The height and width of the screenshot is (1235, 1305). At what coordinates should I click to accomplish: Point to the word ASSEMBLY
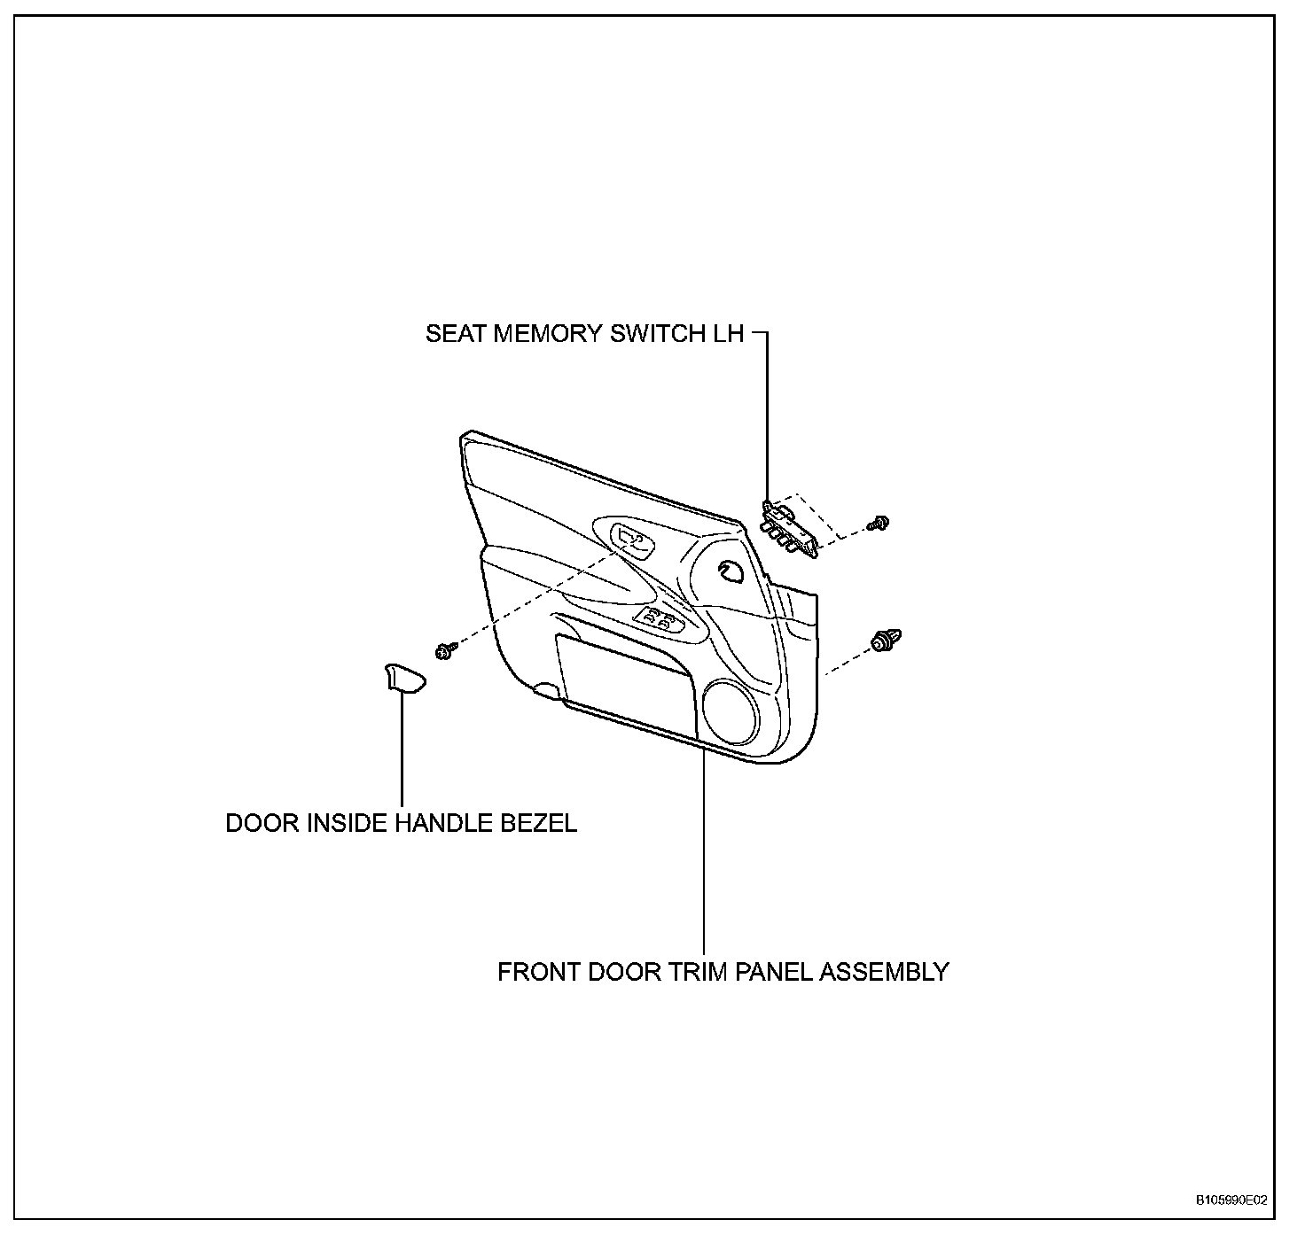[x=884, y=972]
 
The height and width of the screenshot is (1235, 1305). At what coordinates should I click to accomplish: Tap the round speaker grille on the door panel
[x=730, y=711]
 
